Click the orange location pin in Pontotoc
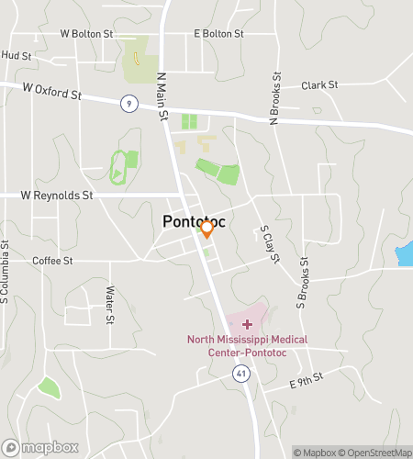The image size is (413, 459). pos(207,229)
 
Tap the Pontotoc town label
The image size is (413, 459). pos(194,221)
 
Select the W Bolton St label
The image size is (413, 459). pos(86,34)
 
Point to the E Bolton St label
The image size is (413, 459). pos(218,34)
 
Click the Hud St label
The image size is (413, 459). pos(17,56)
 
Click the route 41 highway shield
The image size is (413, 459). pos(240,374)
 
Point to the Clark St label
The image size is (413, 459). pos(320,85)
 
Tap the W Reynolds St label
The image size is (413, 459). pos(57,196)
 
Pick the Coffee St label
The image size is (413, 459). pos(52,261)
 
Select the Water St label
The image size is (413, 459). pos(109,306)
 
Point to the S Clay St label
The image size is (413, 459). pos(268,243)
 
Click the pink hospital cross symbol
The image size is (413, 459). pos(247,324)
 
